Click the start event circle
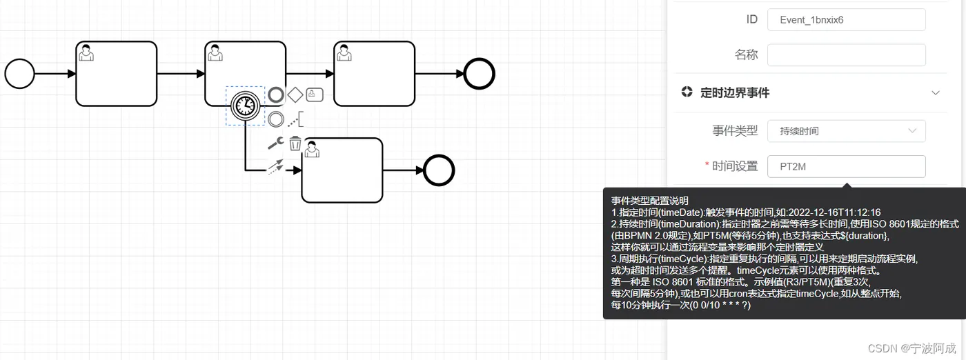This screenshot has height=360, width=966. click(x=19, y=74)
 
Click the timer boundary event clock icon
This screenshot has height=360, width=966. click(x=245, y=106)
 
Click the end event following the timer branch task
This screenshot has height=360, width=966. click(x=439, y=170)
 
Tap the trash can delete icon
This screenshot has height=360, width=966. click(x=295, y=143)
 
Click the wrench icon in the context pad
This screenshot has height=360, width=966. click(x=275, y=143)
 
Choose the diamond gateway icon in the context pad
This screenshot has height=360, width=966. click(x=295, y=94)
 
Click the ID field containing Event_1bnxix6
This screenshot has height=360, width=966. click(x=846, y=20)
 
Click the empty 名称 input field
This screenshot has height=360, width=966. click(x=846, y=55)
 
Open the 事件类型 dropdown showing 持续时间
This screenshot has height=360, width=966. click(x=846, y=130)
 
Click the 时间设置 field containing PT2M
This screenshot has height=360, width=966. click(x=846, y=166)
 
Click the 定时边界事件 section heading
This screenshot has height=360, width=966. click(x=734, y=92)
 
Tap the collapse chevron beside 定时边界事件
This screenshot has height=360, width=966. click(x=936, y=92)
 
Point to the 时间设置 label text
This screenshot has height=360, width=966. click(x=734, y=166)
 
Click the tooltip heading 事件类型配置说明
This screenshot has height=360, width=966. click(x=649, y=201)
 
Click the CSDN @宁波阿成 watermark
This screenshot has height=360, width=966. click(x=911, y=348)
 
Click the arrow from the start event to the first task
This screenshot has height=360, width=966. click(x=55, y=74)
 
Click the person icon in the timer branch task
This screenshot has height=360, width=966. click(x=312, y=149)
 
